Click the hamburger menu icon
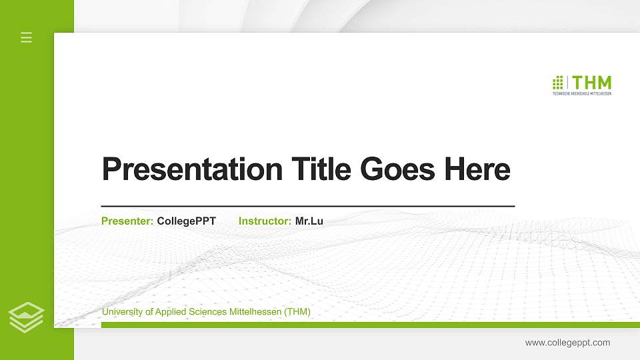27,37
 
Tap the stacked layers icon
27,317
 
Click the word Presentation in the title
192,169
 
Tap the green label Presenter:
127,221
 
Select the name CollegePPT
186,221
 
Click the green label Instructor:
265,221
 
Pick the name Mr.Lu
309,221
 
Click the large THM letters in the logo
592,83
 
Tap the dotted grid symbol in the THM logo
558,83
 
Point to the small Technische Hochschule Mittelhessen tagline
582,94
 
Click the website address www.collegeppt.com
567,343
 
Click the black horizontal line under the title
307,207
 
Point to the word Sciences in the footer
207,311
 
